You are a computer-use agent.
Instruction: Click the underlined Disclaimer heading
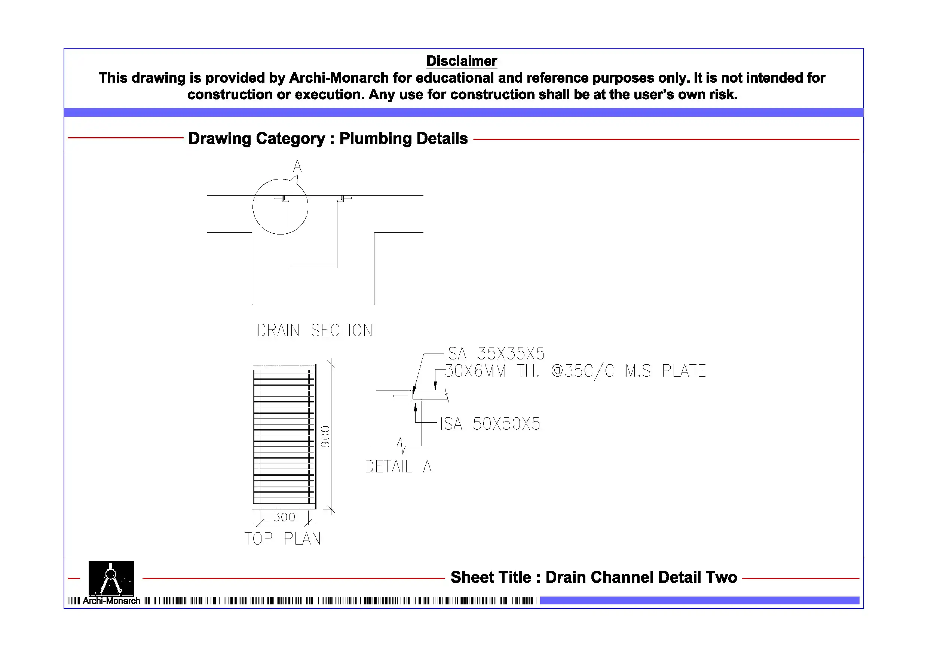pyautogui.click(x=461, y=61)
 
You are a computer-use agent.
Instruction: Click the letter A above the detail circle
pyautogui.click(x=297, y=166)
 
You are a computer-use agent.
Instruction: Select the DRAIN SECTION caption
pyautogui.click(x=315, y=330)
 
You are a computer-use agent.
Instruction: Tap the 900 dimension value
pyautogui.click(x=325, y=436)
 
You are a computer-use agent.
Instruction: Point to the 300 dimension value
pyautogui.click(x=284, y=517)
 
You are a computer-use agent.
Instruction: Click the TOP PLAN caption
pyautogui.click(x=282, y=539)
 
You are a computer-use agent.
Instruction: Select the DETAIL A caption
pyautogui.click(x=398, y=467)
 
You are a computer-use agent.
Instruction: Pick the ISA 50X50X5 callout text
pyautogui.click(x=490, y=424)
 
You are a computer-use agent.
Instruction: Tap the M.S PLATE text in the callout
pyautogui.click(x=665, y=371)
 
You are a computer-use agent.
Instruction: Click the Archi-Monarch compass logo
pyautogui.click(x=111, y=578)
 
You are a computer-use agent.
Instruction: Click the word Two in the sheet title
pyautogui.click(x=721, y=577)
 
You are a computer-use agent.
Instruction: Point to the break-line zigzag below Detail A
pyautogui.click(x=401, y=445)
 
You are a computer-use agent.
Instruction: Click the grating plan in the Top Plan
pyautogui.click(x=284, y=436)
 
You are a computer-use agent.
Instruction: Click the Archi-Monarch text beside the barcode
pyautogui.click(x=111, y=601)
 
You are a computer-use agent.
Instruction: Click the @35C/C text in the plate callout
pyautogui.click(x=582, y=371)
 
